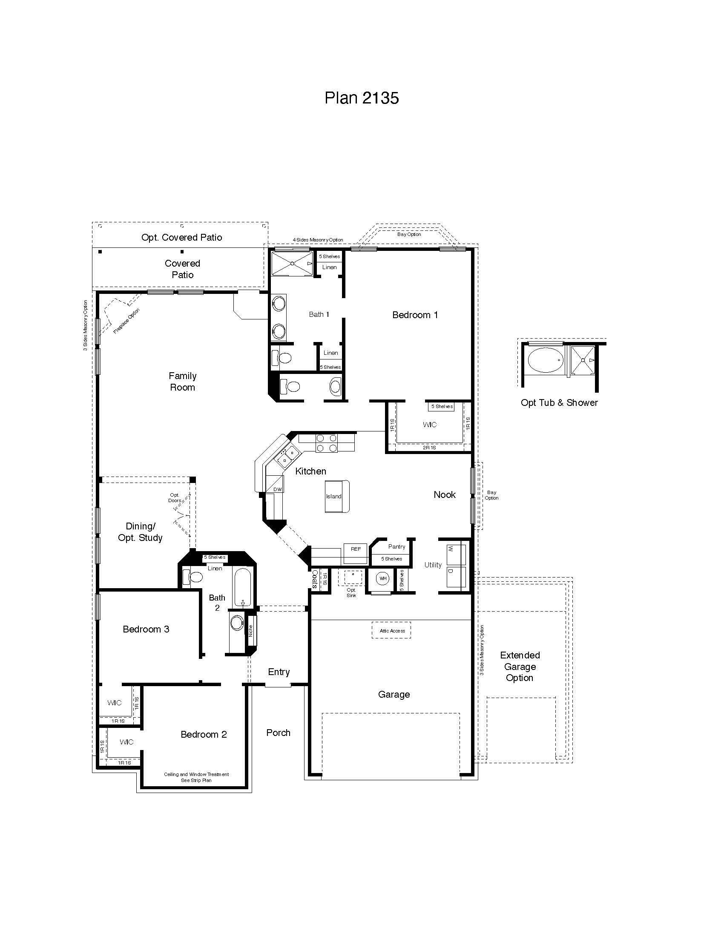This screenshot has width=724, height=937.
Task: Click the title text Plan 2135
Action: (362, 98)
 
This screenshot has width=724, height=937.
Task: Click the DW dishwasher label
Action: (278, 489)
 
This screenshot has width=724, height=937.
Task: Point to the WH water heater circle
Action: (382, 578)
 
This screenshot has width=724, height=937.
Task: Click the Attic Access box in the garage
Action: (391, 631)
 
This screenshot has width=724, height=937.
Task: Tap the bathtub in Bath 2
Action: (243, 587)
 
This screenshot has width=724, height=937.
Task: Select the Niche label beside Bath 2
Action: (251, 631)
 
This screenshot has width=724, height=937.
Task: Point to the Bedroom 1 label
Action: (415, 315)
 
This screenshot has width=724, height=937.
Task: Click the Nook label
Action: (444, 494)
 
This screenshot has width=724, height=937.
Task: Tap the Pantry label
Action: (396, 546)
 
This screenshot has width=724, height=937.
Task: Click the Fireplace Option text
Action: (126, 321)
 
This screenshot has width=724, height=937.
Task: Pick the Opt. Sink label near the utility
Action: (351, 592)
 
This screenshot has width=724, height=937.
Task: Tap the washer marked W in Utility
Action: (456, 554)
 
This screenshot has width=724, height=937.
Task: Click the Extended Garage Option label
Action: (520, 666)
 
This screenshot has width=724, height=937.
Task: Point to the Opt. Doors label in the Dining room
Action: (175, 497)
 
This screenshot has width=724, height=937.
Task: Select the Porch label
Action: (278, 733)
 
